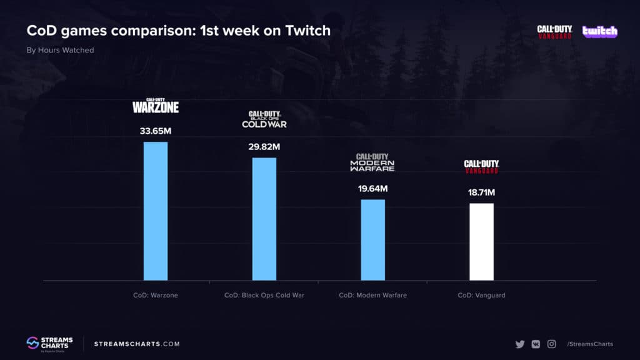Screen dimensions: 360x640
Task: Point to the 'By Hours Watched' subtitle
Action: (x=60, y=50)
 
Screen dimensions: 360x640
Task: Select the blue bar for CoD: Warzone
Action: (x=156, y=211)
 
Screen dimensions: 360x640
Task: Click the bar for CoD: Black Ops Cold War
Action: (x=264, y=219)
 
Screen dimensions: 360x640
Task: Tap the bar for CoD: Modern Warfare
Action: (x=372, y=240)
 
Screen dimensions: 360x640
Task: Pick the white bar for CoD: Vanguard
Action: (x=481, y=242)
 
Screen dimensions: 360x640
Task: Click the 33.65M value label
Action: (x=156, y=132)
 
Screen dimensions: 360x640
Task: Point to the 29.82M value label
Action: (x=264, y=147)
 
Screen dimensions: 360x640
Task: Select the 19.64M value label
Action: (x=372, y=189)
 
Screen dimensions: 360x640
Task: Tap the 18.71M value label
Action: (x=481, y=192)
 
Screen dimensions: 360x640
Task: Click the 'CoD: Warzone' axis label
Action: (x=156, y=295)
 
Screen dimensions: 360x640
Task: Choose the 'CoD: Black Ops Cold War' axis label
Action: (x=264, y=295)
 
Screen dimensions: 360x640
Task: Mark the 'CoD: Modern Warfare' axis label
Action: (x=372, y=295)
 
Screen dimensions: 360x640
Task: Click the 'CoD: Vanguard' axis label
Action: (x=481, y=295)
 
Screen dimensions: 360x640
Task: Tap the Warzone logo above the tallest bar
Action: (x=156, y=106)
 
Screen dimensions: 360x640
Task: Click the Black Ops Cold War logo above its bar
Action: (x=264, y=119)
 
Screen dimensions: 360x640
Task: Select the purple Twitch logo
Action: (x=599, y=31)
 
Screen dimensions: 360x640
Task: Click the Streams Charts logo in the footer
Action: (x=49, y=343)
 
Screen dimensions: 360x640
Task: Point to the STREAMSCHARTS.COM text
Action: (x=137, y=344)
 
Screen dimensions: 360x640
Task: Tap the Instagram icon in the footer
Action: (x=552, y=344)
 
